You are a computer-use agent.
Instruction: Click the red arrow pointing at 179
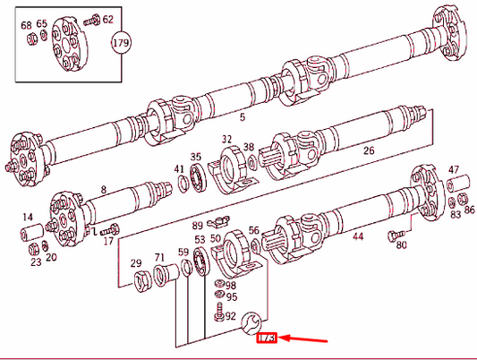(x=304, y=340)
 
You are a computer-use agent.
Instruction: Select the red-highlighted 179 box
(x=266, y=340)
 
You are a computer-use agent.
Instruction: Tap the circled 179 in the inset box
(x=120, y=42)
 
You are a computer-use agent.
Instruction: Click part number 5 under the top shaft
(x=241, y=116)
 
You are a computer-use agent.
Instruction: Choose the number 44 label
(x=358, y=236)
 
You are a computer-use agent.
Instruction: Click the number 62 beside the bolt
(x=107, y=19)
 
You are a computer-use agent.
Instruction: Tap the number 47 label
(x=454, y=169)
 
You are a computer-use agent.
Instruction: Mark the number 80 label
(x=401, y=244)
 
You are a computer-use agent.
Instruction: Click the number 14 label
(x=28, y=218)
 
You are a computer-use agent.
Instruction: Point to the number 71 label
(x=159, y=258)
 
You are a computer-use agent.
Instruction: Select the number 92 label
(x=231, y=315)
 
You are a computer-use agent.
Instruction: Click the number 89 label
(x=198, y=226)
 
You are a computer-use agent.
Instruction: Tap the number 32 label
(x=227, y=140)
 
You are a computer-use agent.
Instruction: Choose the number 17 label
(x=108, y=241)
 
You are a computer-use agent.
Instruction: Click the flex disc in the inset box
(x=66, y=45)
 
